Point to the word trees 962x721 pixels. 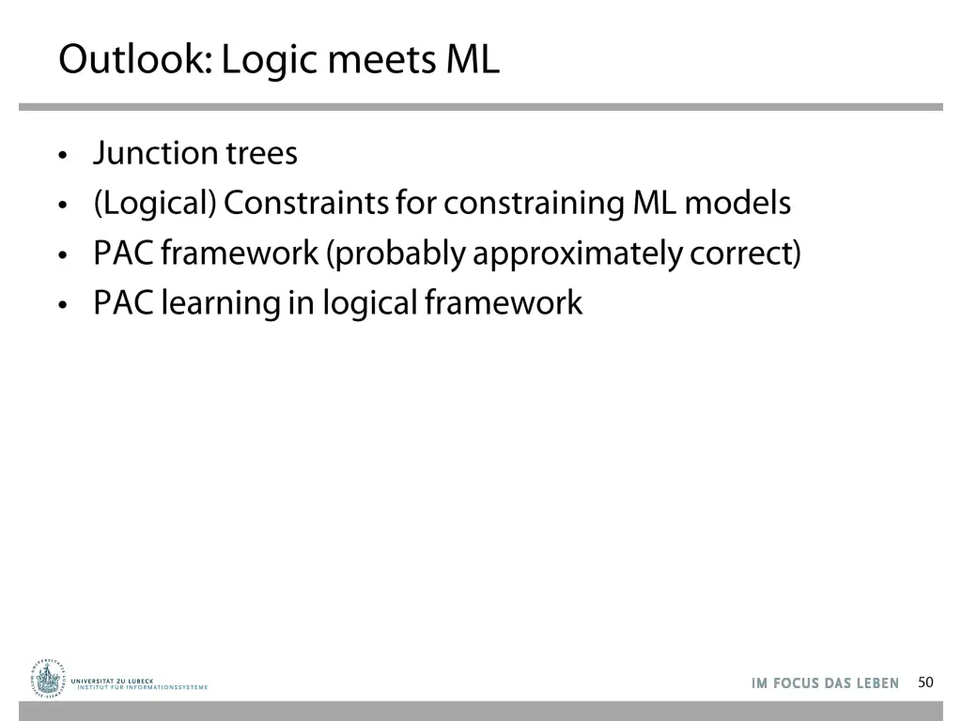261,153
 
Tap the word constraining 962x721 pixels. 534,203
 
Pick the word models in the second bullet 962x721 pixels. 737,203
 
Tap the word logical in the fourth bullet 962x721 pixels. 369,303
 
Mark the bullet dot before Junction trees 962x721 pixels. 63,155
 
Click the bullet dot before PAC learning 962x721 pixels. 63,305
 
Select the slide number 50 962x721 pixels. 925,683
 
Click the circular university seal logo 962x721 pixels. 47,677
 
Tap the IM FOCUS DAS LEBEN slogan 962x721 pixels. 825,683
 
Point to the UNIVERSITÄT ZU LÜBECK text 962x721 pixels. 112,681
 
